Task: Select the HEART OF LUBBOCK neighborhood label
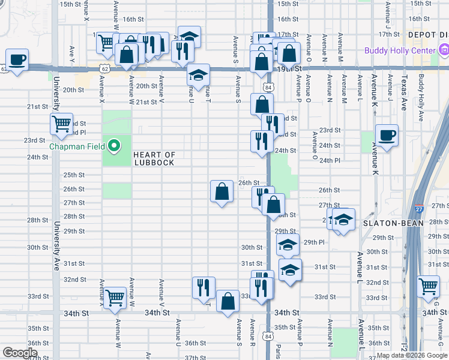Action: click(154, 158)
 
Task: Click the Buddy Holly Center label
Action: click(399, 50)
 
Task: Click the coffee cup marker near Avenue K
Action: click(387, 135)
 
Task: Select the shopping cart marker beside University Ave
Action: click(61, 124)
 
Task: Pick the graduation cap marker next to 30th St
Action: click(288, 244)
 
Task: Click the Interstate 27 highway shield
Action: click(418, 209)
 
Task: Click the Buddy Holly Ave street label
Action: click(422, 88)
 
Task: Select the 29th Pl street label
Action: click(314, 242)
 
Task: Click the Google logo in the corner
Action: click(20, 353)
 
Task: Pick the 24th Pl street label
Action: click(330, 161)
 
